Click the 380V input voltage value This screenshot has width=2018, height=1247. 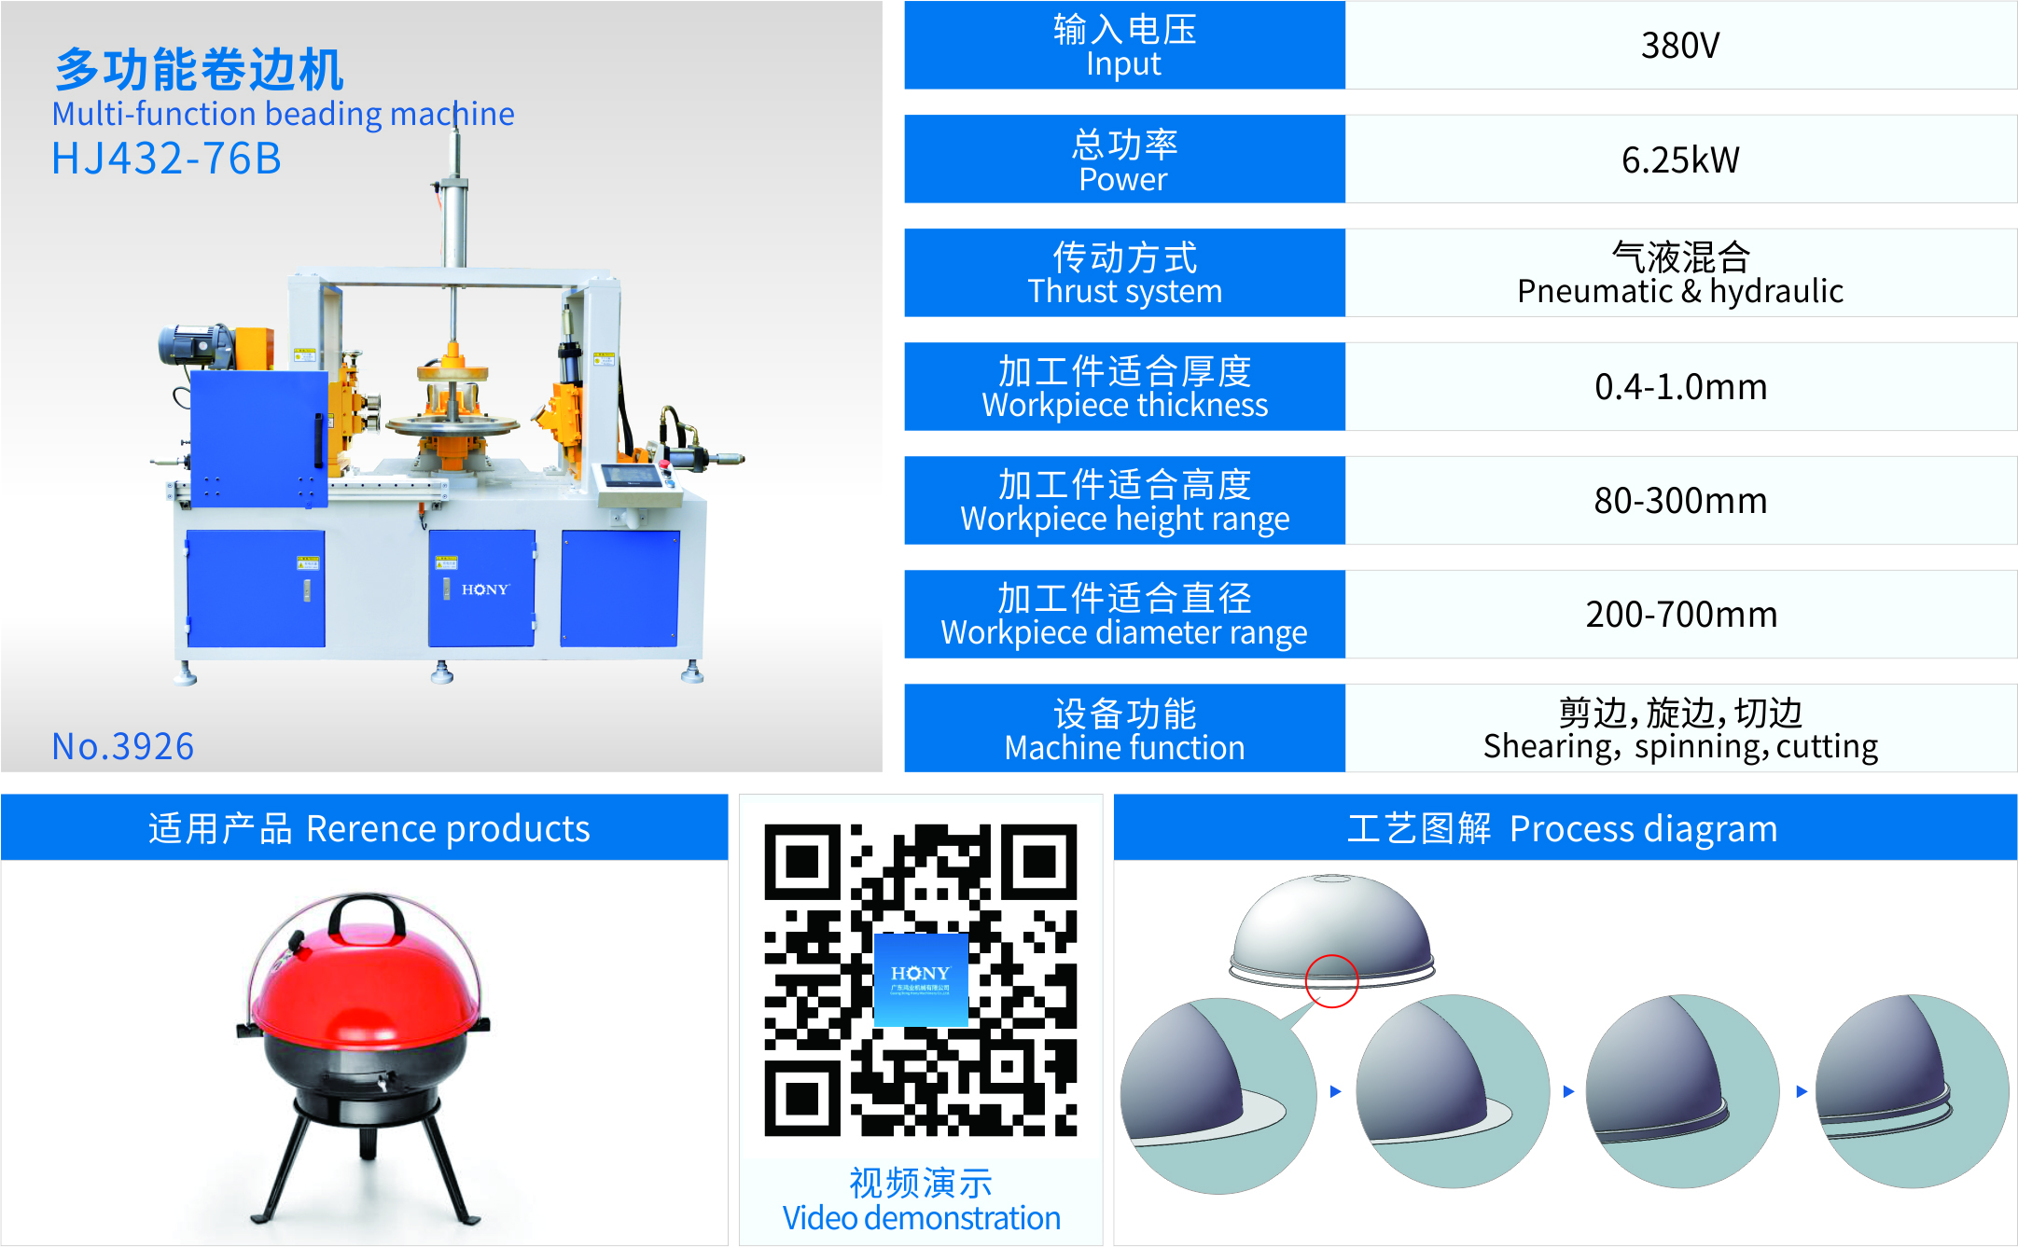point(1679,45)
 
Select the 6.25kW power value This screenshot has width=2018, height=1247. point(1679,159)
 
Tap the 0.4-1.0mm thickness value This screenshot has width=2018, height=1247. point(1679,386)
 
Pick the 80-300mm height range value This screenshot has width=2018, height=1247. point(1679,501)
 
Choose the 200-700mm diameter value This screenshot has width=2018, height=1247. point(1679,615)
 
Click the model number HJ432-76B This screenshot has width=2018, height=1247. point(166,159)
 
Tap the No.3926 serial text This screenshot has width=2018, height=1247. point(122,746)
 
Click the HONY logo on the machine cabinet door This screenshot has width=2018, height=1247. point(485,589)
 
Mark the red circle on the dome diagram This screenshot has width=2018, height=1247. point(1331,981)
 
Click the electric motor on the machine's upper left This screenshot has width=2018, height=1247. point(195,345)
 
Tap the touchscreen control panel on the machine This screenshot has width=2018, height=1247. point(631,476)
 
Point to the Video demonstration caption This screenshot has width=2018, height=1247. point(921,1218)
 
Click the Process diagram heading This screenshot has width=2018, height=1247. point(1563,828)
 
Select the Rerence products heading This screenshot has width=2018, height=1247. point(369,828)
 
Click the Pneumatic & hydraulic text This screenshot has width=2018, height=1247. point(1679,291)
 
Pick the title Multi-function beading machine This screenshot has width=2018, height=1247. point(283,114)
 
